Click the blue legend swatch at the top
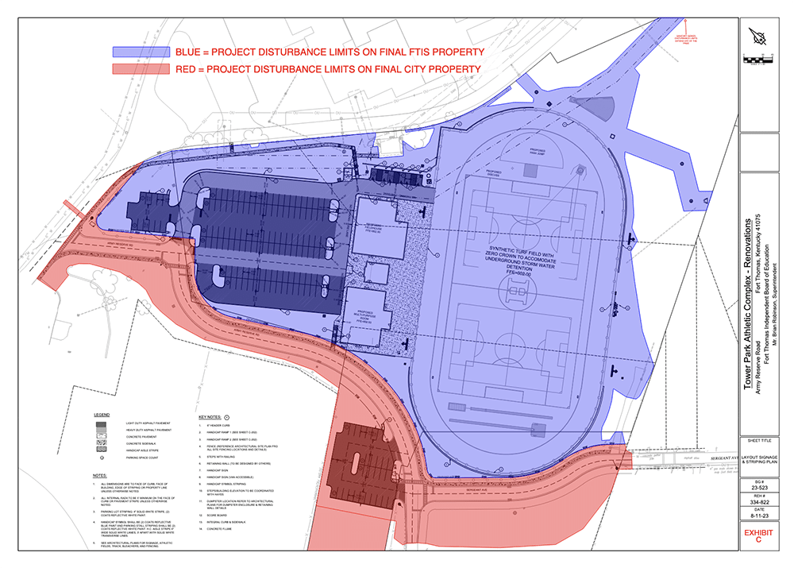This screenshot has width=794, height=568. [x=141, y=51]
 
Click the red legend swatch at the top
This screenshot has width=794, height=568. [x=141, y=69]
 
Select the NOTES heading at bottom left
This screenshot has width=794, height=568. [x=98, y=475]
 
